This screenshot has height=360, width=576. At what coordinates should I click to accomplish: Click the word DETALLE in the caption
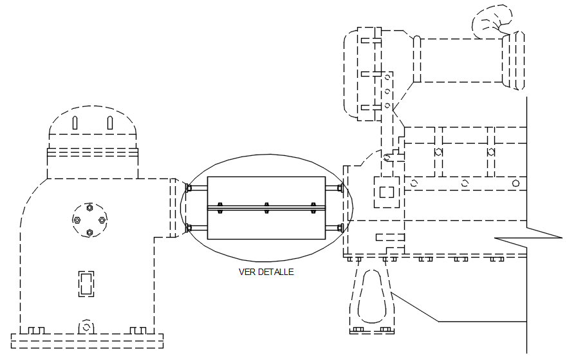(x=275, y=272)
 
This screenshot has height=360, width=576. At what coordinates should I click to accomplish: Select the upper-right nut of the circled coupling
(x=340, y=188)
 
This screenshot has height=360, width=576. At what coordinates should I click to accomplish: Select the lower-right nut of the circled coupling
(x=340, y=227)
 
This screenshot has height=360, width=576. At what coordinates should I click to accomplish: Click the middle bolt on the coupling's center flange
(x=266, y=207)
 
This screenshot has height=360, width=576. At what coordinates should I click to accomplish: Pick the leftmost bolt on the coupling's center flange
(x=220, y=207)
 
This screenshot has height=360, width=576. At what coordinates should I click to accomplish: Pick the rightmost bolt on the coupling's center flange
(x=313, y=207)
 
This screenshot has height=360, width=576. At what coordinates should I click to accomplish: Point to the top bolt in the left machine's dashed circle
(x=89, y=208)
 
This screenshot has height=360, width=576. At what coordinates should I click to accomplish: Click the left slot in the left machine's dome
(x=75, y=123)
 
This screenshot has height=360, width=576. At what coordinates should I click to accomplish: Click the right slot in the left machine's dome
(x=109, y=123)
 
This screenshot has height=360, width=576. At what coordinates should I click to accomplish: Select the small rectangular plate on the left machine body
(x=86, y=284)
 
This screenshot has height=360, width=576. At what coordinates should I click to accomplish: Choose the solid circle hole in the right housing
(x=516, y=183)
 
